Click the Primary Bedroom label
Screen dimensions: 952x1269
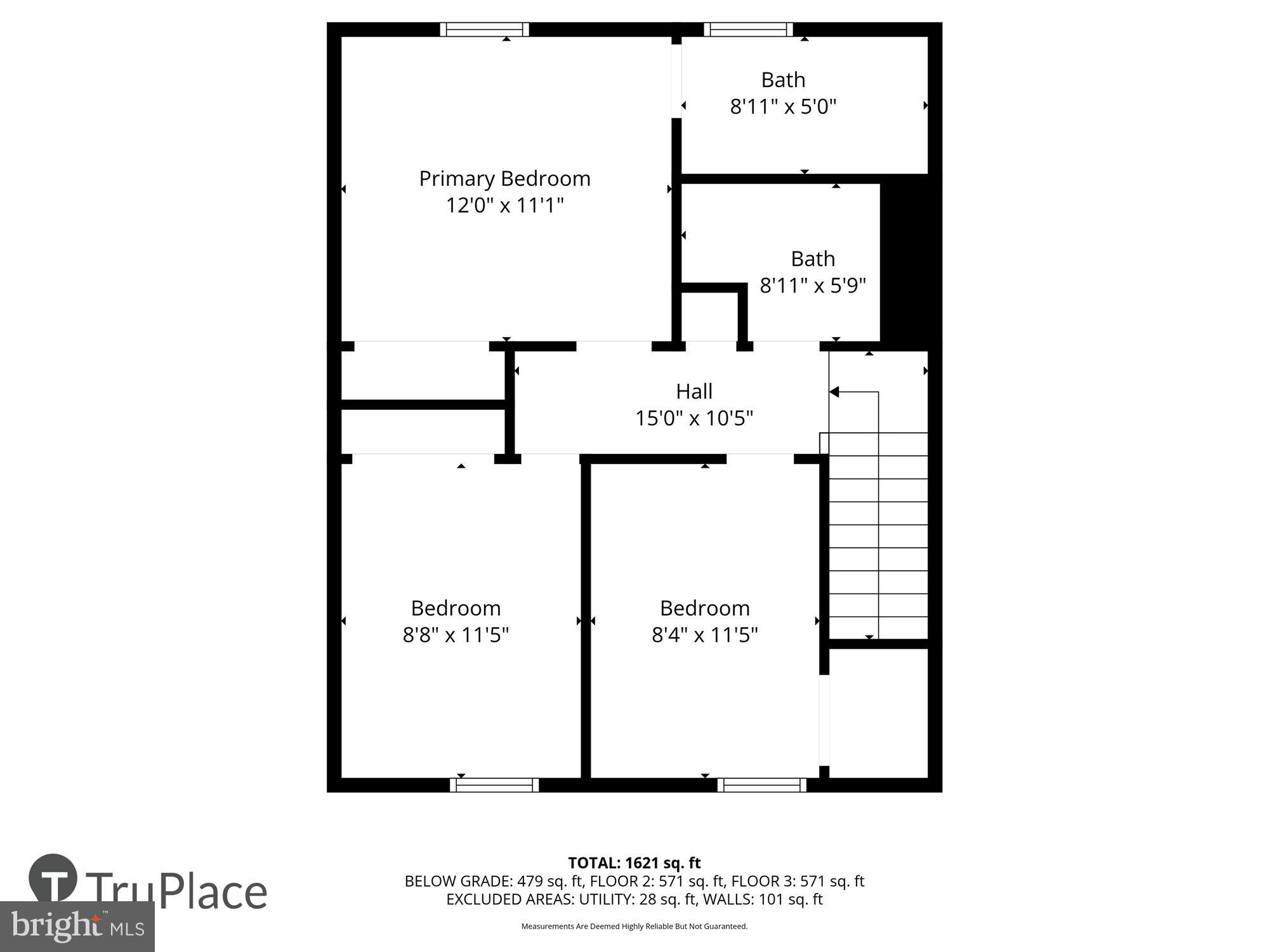504,178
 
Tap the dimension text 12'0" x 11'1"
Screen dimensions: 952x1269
504,206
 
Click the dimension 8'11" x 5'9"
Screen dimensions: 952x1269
813,286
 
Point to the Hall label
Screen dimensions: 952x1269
694,391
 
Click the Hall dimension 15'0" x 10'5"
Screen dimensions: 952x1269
694,418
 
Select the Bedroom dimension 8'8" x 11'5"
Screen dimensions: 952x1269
456,635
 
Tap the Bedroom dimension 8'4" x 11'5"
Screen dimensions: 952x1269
704,635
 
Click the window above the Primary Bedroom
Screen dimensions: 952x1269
485,29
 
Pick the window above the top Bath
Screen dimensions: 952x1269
748,29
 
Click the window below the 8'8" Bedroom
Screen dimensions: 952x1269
494,785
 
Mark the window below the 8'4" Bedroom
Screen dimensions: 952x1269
762,785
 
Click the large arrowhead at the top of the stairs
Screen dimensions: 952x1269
834,392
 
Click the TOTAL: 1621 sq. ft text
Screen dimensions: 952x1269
634,863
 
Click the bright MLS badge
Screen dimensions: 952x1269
77,927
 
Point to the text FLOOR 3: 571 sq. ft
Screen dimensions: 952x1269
798,882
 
